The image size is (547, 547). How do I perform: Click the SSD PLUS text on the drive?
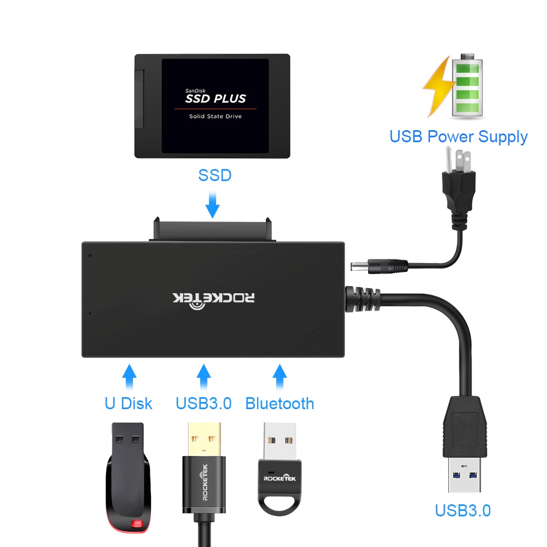pyautogui.click(x=215, y=98)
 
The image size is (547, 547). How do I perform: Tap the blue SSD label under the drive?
pyautogui.click(x=214, y=175)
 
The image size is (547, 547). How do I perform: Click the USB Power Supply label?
pyautogui.click(x=458, y=137)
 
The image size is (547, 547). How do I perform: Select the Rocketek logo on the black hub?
pyautogui.click(x=214, y=298)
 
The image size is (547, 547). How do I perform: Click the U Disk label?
pyautogui.click(x=129, y=404)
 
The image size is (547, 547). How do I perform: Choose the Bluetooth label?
pyautogui.click(x=280, y=404)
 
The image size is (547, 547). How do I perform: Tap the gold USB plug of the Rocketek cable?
pyautogui.click(x=203, y=438)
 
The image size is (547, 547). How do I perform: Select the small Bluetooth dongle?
pyautogui.click(x=279, y=470)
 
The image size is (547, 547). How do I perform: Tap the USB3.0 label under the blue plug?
pyautogui.click(x=463, y=510)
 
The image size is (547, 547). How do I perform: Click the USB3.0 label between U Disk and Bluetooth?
pyautogui.click(x=203, y=404)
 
